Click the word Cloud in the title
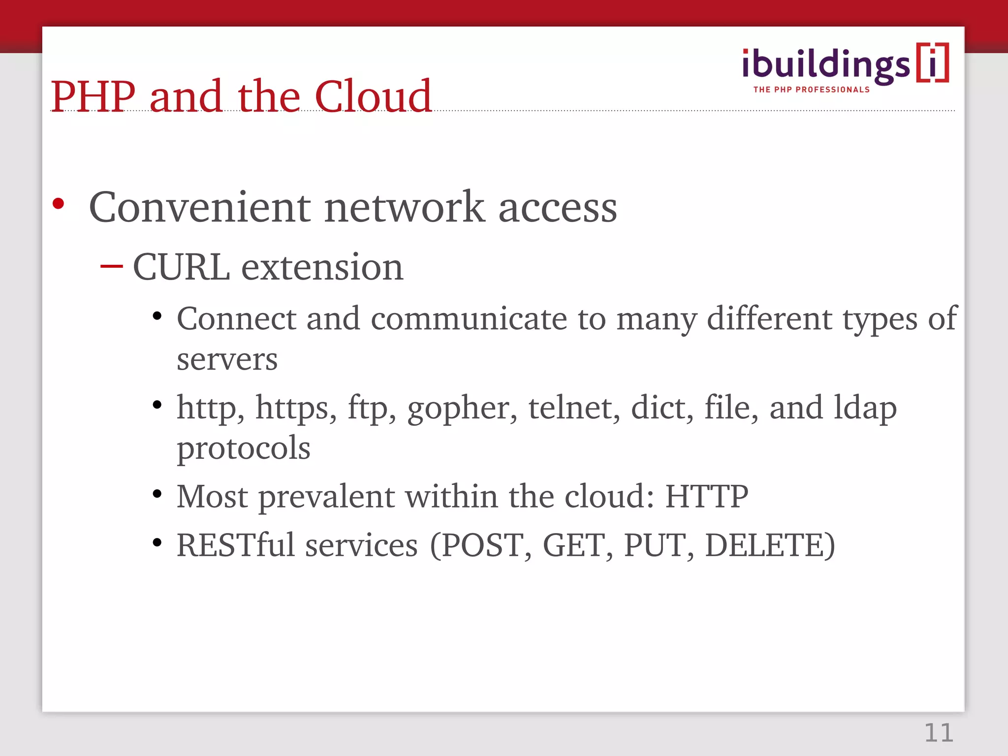pos(373,96)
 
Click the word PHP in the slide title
pos(93,96)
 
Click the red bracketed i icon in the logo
pos(932,63)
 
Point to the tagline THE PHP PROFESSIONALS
pos(811,90)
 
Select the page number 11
pos(939,733)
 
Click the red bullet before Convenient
pos(58,203)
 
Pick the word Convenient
pos(199,207)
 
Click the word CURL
pos(182,267)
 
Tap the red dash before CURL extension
pos(111,267)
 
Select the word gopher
pos(462,409)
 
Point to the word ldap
pos(865,409)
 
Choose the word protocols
pos(244,448)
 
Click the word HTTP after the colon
pos(706,496)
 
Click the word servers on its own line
pos(227,359)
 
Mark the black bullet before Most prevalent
pos(157,494)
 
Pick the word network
pos(404,207)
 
